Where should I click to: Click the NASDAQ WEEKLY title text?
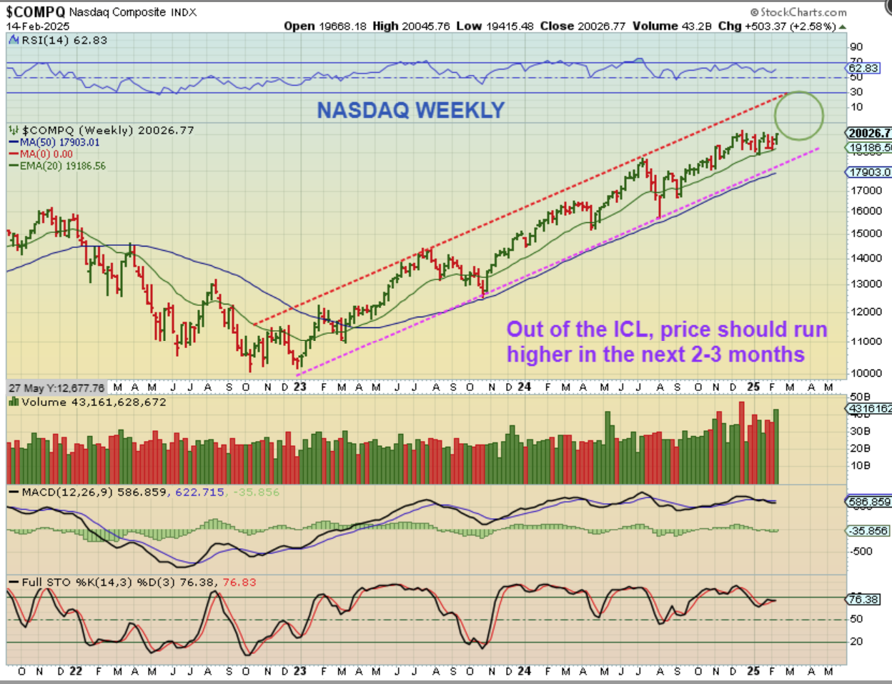(x=411, y=110)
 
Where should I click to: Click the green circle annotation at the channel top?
(x=799, y=115)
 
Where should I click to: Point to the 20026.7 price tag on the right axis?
(x=869, y=133)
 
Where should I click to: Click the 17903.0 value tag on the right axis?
(x=869, y=172)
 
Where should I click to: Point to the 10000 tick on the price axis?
(x=866, y=373)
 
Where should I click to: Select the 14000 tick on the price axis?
(x=866, y=258)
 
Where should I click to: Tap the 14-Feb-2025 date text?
(x=38, y=26)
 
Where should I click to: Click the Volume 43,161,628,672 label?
(x=94, y=402)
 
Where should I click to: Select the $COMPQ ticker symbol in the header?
(x=36, y=12)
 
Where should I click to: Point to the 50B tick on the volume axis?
(x=860, y=397)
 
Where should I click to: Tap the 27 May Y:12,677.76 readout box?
(x=56, y=388)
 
